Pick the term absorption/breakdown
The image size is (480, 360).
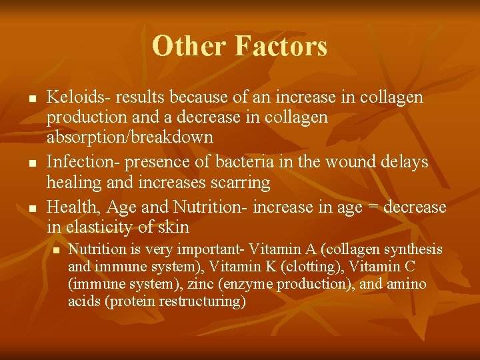click(x=130, y=137)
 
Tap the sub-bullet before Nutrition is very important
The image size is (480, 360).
click(x=57, y=250)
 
